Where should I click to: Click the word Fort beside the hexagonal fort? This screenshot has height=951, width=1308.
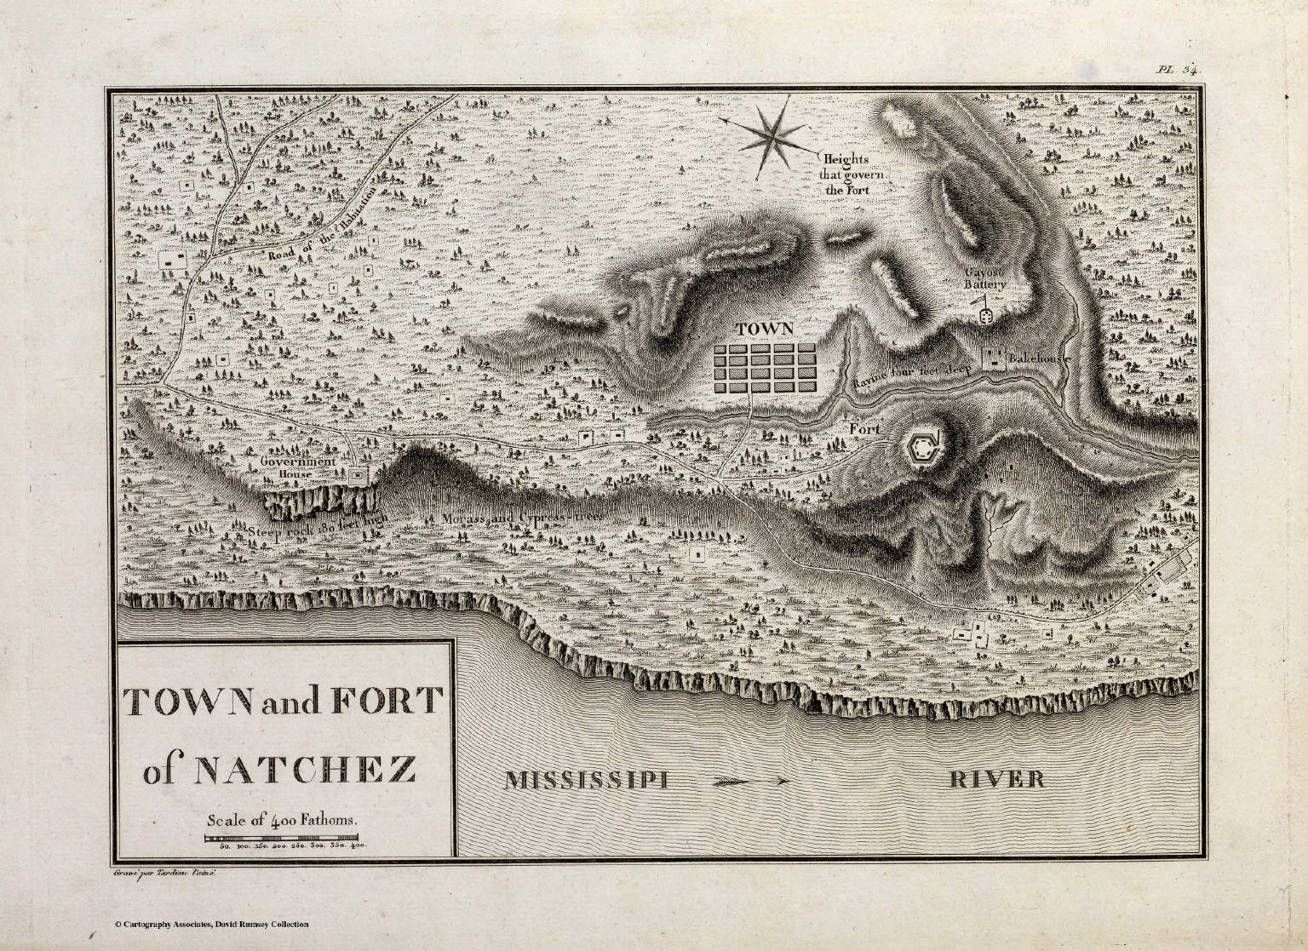click(864, 429)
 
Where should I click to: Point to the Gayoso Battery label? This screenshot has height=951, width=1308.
click(985, 278)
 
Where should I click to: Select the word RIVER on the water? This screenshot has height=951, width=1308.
click(996, 778)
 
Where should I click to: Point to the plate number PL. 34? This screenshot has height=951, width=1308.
click(1178, 71)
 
